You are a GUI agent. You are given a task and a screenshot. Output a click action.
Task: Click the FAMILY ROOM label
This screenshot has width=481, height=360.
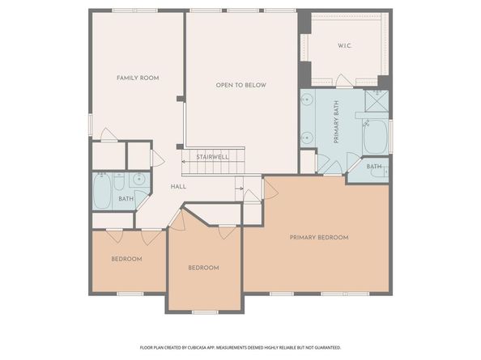(137, 78)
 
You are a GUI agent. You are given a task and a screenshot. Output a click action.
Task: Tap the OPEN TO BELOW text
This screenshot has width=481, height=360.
(240, 85)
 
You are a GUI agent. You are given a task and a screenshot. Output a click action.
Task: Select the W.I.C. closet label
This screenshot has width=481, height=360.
(344, 45)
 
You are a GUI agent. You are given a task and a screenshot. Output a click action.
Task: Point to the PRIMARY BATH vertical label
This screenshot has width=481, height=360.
(336, 122)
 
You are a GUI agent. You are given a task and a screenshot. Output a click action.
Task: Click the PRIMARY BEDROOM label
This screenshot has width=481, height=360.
(319, 237)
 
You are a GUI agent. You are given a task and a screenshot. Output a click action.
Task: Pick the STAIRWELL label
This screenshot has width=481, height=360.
(212, 156)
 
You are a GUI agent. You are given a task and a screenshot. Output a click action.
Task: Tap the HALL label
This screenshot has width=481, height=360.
(178, 187)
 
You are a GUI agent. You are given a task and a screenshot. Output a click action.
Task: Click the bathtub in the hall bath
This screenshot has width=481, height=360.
(103, 193)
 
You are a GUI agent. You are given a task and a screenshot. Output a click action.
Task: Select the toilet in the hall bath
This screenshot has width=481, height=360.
(120, 180)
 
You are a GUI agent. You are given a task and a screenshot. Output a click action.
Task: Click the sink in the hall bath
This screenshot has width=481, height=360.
(138, 179)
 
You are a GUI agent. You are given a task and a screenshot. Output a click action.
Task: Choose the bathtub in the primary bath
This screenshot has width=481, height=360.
(376, 138)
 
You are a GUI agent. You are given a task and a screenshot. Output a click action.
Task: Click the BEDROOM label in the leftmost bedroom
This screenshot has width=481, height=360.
(126, 259)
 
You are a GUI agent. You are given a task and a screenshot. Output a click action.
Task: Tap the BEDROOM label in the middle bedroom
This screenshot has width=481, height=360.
(203, 268)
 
